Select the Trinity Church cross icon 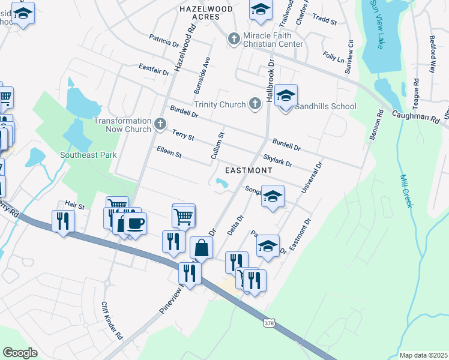[x=255, y=104]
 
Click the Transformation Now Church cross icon [x=160, y=124]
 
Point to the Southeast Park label [x=88, y=155]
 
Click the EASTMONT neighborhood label [x=249, y=170]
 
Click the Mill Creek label [x=406, y=191]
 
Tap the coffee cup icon [x=134, y=223]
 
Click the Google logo [x=20, y=352]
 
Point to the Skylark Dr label [x=277, y=161]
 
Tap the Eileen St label [x=169, y=154]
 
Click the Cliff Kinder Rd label [x=112, y=320]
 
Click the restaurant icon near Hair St [x=63, y=221]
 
